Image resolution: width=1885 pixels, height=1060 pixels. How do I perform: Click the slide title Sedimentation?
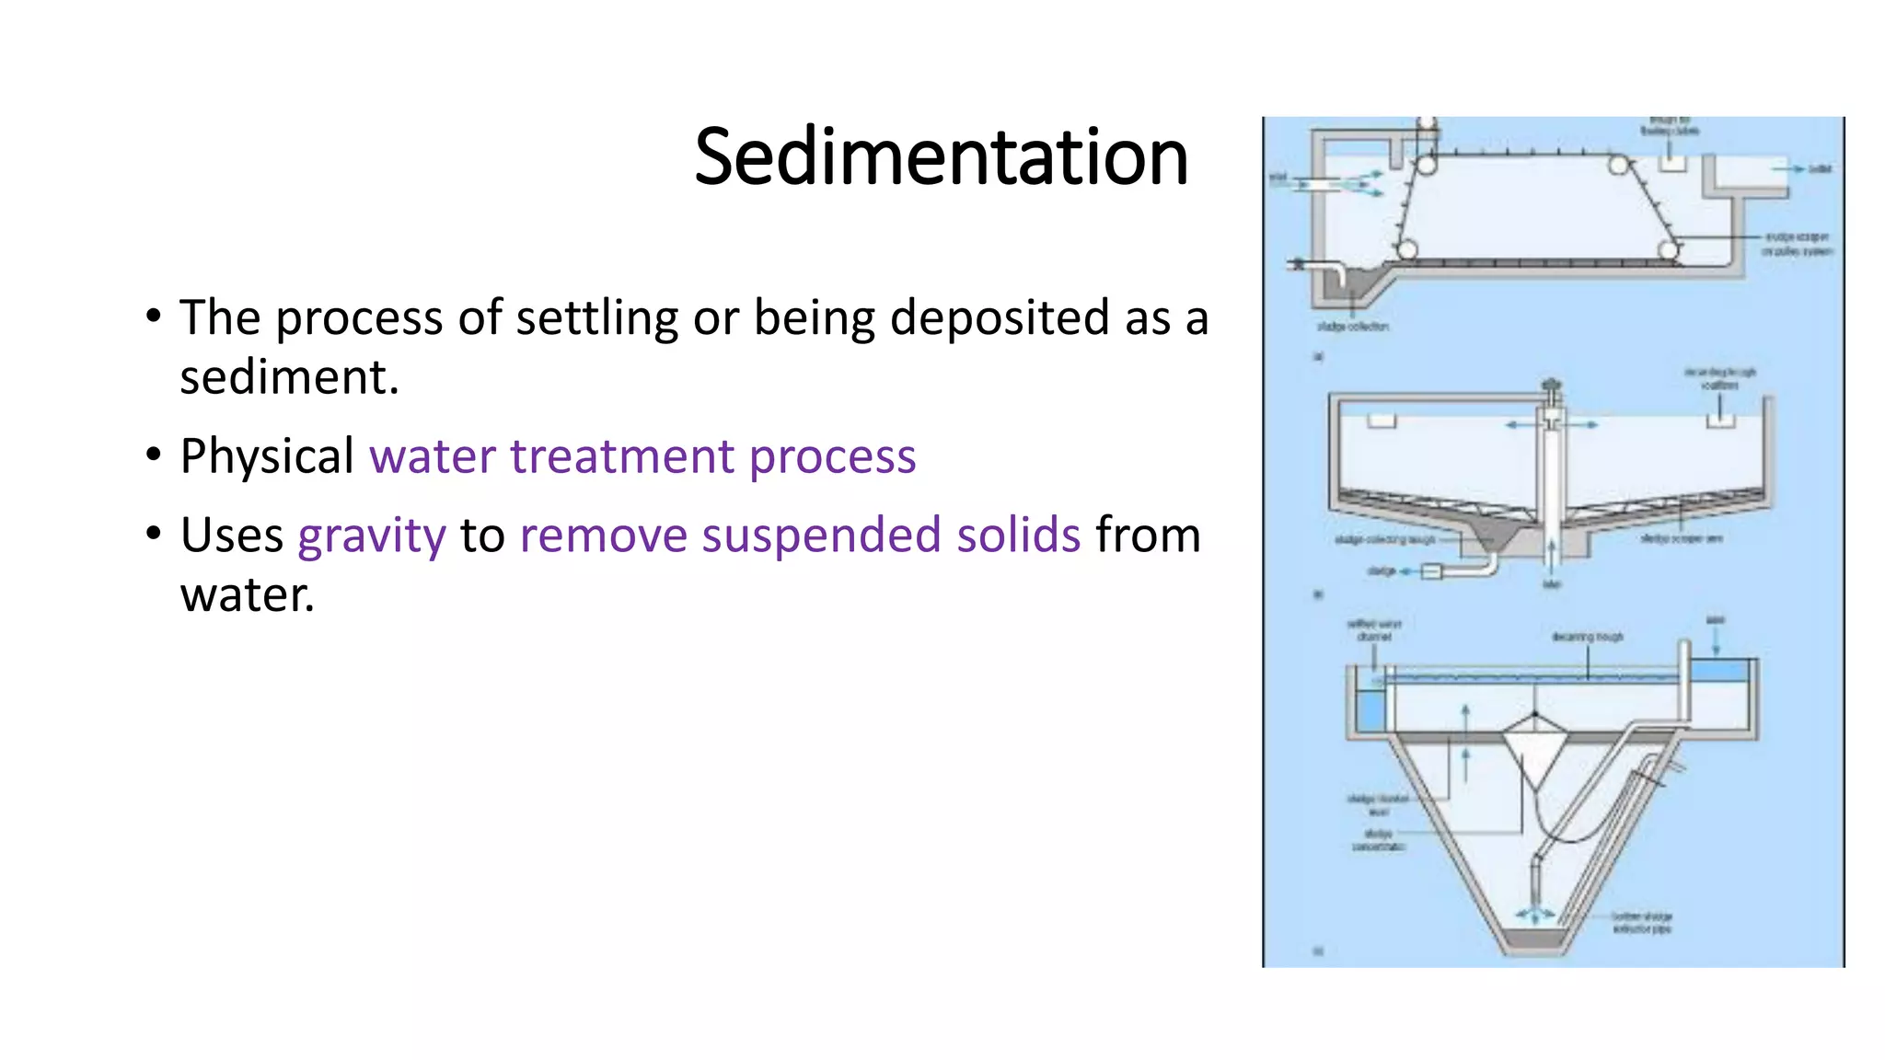point(941,157)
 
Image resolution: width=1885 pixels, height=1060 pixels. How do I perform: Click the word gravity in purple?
point(372,536)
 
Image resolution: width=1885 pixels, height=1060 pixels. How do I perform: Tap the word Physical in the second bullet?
point(267,456)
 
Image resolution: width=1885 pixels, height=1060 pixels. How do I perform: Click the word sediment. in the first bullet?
point(289,377)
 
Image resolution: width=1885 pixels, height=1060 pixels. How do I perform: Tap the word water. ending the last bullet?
point(248,595)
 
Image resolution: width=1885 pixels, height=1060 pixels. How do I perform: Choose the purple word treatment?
point(622,456)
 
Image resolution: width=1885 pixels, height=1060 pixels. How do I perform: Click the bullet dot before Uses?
point(153,534)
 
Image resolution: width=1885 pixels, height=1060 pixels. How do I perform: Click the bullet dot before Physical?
point(153,455)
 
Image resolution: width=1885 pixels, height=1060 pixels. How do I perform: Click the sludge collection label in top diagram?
point(1352,327)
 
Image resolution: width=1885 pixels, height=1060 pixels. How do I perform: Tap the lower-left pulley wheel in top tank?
point(1406,249)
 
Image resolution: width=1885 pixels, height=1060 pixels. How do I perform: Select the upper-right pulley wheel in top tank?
point(1618,166)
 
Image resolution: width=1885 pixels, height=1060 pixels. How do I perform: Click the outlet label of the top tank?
point(1820,169)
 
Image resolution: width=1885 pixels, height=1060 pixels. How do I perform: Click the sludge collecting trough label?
point(1384,540)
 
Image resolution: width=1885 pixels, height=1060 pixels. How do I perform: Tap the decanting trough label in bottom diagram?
point(1587,637)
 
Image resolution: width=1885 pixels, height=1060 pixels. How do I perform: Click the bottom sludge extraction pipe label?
point(1641,923)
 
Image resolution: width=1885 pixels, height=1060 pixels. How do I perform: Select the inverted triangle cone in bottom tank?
point(1534,745)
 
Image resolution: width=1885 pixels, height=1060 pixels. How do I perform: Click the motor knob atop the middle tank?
point(1553,384)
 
